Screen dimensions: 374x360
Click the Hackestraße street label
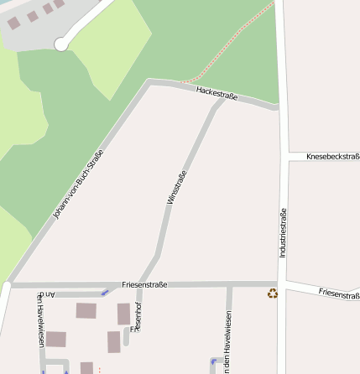tap(217, 93)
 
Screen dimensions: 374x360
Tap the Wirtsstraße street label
tap(176, 187)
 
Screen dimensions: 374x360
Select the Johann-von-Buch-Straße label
tap(78, 184)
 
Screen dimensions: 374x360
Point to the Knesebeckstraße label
tap(332, 157)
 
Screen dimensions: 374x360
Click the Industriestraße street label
tap(283, 232)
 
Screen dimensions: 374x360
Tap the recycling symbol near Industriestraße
tap(272, 293)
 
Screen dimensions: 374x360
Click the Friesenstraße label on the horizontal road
tap(144, 285)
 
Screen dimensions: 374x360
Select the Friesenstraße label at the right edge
tap(339, 294)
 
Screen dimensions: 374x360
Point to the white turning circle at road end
tap(60, 44)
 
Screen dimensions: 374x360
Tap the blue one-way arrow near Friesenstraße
tap(105, 293)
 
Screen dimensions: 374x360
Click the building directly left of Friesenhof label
tap(123, 314)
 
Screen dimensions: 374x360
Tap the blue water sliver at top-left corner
tap(7, 3)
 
